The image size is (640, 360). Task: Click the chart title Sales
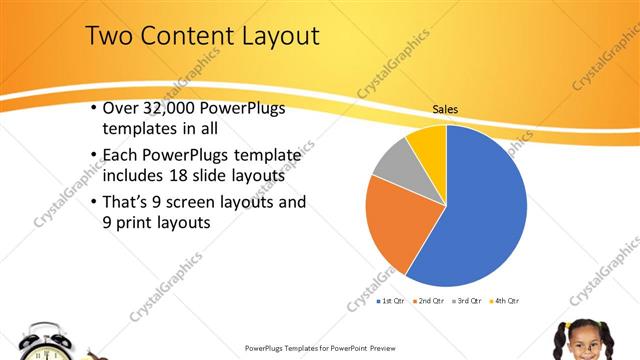[446, 109]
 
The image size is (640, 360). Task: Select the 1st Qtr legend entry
[389, 300]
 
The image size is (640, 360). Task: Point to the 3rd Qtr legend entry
[467, 300]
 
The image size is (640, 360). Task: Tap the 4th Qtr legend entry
[505, 300]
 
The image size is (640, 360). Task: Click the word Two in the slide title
[109, 37]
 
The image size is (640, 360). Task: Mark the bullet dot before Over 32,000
[93, 108]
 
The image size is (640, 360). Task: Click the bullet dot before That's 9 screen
[93, 202]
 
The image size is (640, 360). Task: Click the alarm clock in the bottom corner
[45, 343]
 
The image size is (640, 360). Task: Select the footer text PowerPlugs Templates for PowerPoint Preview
[320, 348]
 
